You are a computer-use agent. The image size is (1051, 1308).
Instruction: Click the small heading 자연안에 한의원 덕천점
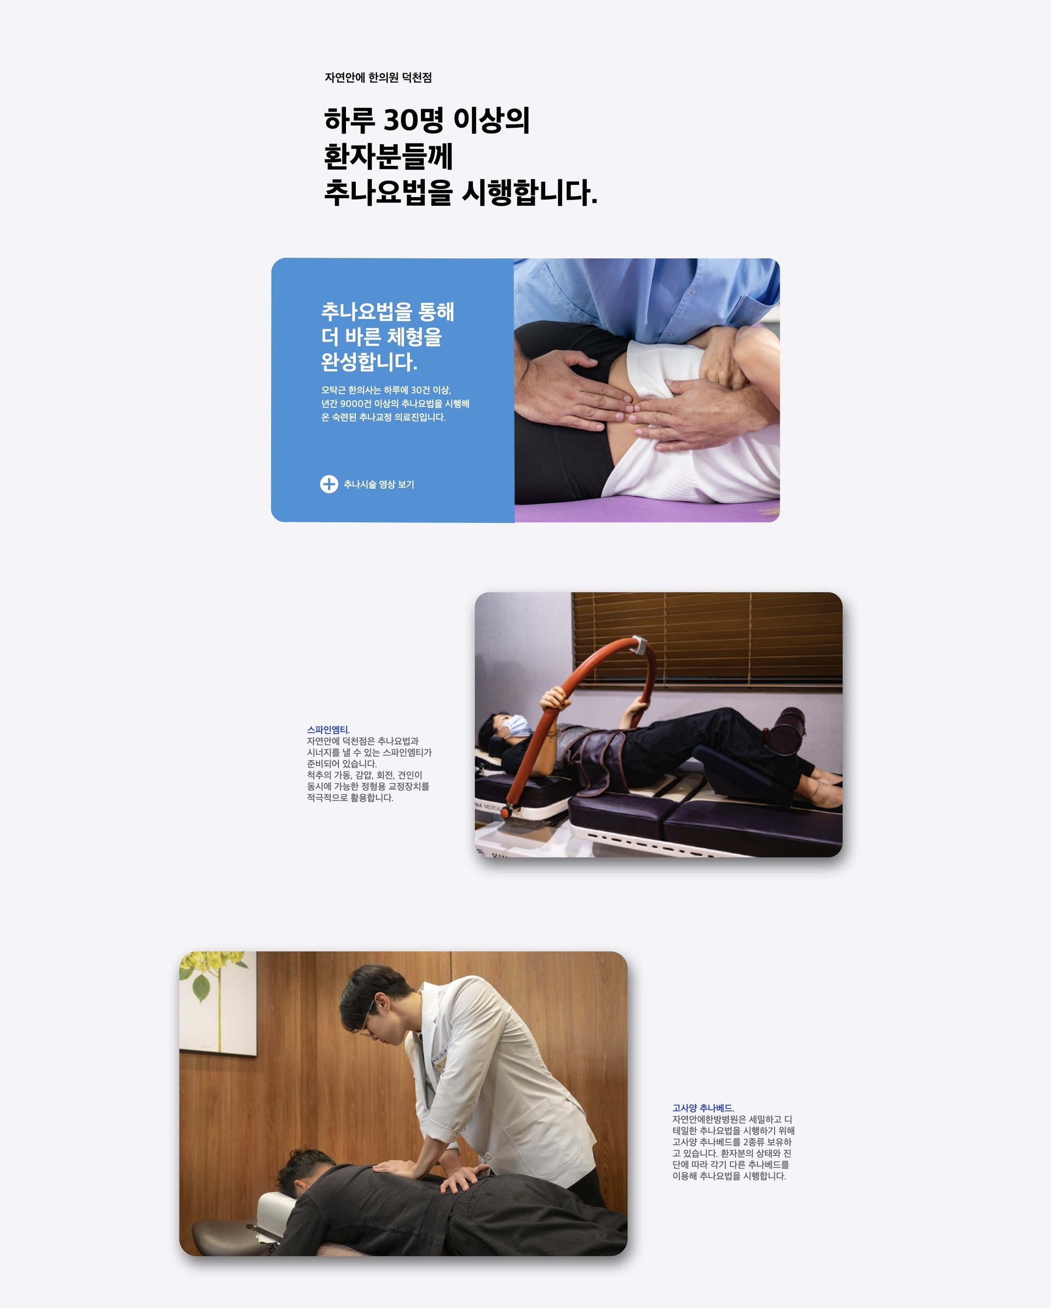click(378, 78)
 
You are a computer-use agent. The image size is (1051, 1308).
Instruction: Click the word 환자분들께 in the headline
click(388, 157)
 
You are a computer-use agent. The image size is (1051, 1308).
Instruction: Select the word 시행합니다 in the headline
click(529, 192)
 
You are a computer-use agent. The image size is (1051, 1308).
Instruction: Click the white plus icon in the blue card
click(328, 484)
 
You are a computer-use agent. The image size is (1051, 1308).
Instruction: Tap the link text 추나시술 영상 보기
click(378, 484)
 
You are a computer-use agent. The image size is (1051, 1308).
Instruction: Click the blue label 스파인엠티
click(328, 730)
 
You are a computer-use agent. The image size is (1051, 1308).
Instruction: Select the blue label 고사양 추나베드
click(703, 1108)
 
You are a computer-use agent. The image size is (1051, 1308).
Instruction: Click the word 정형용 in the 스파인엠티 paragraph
click(373, 786)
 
